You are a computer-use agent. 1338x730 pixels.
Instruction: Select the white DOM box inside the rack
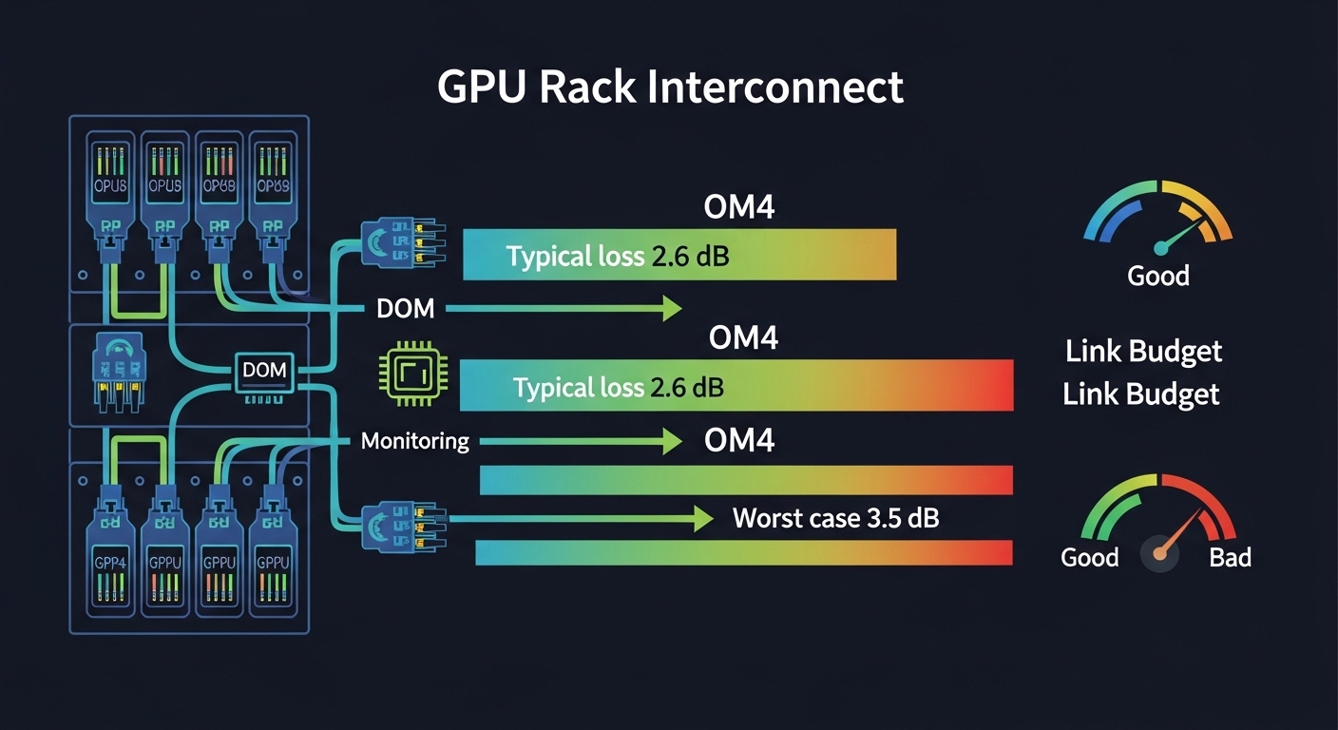pyautogui.click(x=264, y=371)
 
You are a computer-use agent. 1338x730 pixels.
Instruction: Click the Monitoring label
pyautogui.click(x=415, y=441)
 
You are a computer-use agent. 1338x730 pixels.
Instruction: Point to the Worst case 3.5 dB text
pyautogui.click(x=836, y=519)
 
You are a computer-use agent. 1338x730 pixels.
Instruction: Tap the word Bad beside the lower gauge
pyautogui.click(x=1230, y=557)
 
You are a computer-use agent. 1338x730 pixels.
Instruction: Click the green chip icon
pyautogui.click(x=406, y=371)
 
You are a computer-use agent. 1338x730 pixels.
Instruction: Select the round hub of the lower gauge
pyautogui.click(x=1159, y=552)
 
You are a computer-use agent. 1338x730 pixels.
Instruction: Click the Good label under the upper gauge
pyautogui.click(x=1157, y=277)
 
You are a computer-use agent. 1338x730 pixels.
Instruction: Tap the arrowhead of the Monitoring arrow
pyautogui.click(x=672, y=441)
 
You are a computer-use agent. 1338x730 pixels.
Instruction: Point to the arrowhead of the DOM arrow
pyautogui.click(x=672, y=307)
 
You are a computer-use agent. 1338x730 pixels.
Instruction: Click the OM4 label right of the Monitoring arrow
pyautogui.click(x=739, y=441)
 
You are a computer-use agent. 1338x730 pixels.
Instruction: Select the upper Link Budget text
pyautogui.click(x=1143, y=352)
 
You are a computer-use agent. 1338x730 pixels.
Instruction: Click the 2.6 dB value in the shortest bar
pyautogui.click(x=690, y=256)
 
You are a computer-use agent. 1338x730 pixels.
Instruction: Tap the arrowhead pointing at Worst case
pyautogui.click(x=703, y=519)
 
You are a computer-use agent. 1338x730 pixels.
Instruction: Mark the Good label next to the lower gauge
pyautogui.click(x=1089, y=557)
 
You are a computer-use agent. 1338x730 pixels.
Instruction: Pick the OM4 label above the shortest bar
pyautogui.click(x=739, y=206)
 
